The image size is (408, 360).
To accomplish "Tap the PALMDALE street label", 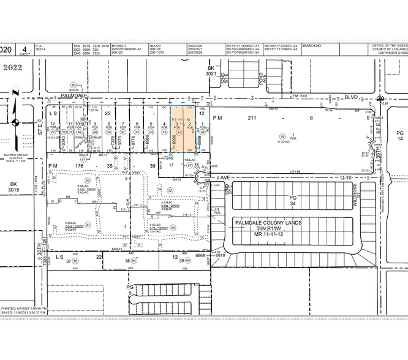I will coord(74,96).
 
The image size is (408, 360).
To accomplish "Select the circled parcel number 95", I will coord(282,136).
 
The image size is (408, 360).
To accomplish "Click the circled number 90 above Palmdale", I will coord(74,86).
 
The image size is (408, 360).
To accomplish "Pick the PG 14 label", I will coord(400,137).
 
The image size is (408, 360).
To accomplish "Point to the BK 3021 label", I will coord(212,70).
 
